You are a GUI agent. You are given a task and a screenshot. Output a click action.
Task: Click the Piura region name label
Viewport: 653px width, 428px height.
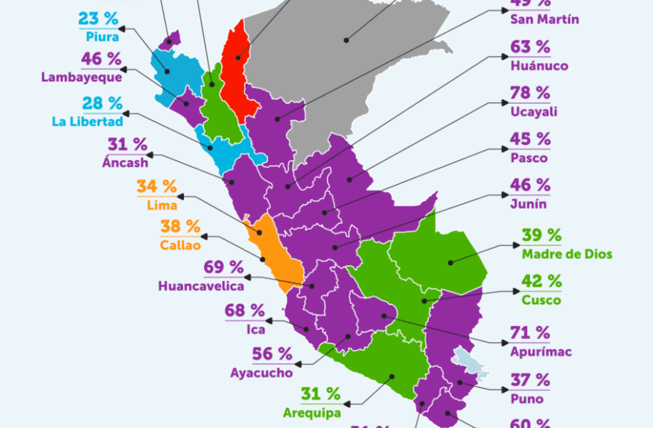pyautogui.click(x=98, y=35)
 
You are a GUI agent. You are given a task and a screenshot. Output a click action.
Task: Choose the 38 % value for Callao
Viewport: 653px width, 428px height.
pyautogui.click(x=180, y=226)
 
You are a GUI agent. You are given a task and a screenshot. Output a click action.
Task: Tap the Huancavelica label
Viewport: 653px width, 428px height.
pyautogui.click(x=200, y=285)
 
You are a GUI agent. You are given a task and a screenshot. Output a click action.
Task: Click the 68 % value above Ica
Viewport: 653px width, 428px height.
pyautogui.click(x=244, y=310)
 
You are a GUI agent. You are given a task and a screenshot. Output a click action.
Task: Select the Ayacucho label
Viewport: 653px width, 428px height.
pyautogui.click(x=261, y=371)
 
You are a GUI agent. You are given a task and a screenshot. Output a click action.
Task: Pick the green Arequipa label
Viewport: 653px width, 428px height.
pyautogui.click(x=311, y=411)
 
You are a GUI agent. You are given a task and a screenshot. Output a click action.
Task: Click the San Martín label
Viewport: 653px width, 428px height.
pyautogui.click(x=544, y=19)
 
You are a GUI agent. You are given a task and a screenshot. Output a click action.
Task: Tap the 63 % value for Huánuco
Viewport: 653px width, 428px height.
pyautogui.click(x=530, y=47)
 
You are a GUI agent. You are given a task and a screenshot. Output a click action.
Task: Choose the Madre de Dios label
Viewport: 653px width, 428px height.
pyautogui.click(x=567, y=254)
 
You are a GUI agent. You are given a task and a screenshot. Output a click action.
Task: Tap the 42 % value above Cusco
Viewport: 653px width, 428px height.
pyautogui.click(x=541, y=282)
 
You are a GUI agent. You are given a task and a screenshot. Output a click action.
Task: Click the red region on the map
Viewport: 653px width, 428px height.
pyautogui.click(x=239, y=71)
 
